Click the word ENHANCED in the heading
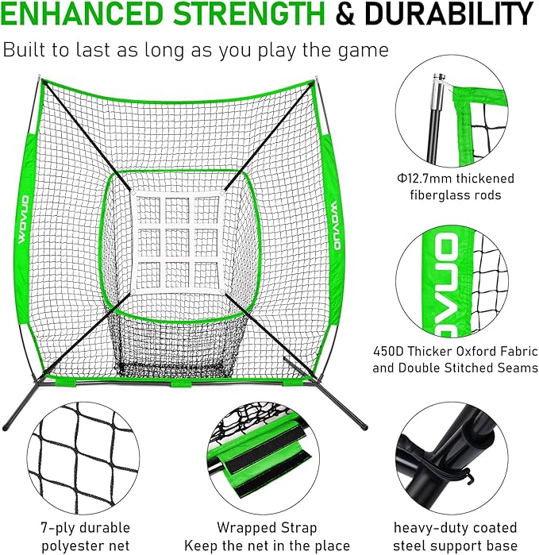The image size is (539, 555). click(80, 14)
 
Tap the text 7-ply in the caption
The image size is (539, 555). click(56, 528)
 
